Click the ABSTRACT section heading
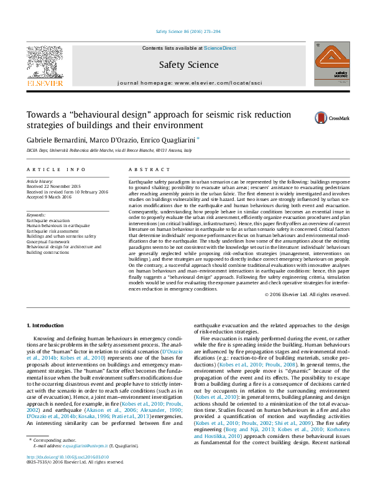point(145,169)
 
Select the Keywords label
point(37,215)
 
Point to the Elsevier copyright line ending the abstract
point(307,294)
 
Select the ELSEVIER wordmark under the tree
point(45,83)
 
